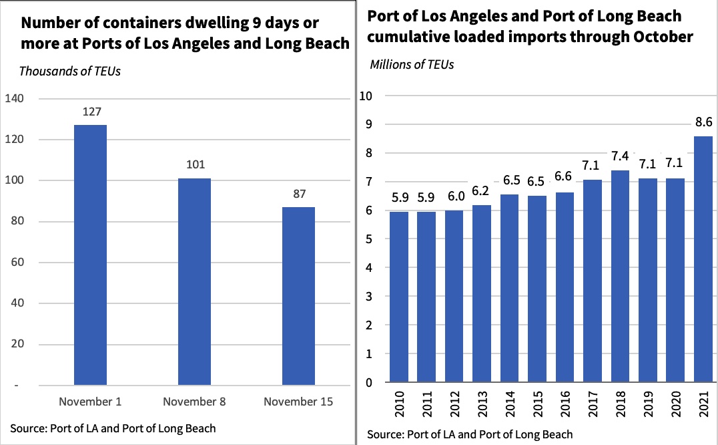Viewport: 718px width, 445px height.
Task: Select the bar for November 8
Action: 194,282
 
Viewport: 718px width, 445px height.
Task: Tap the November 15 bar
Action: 298,296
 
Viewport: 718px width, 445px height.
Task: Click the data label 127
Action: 91,112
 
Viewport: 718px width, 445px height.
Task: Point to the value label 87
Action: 298,194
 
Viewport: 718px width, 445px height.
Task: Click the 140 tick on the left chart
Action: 14,99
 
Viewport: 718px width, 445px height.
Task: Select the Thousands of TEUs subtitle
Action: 70,71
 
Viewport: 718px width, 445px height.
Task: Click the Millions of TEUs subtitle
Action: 412,65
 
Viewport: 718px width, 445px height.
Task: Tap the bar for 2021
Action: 703,259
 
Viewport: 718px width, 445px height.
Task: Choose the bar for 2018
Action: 619,277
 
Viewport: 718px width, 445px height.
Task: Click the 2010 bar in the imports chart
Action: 398,297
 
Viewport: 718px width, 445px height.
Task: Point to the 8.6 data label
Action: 703,122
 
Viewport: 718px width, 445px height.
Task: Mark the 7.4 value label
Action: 619,157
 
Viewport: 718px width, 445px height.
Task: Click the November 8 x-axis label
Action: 194,402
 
